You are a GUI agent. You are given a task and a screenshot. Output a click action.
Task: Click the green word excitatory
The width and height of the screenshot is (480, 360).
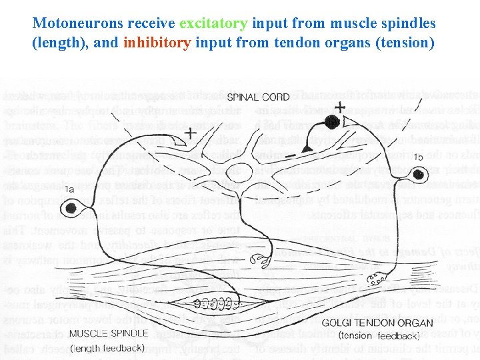pos(214,23)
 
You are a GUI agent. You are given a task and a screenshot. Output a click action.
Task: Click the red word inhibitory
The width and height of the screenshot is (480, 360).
pos(156,43)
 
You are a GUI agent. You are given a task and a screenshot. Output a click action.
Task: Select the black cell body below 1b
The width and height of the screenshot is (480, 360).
pos(419,175)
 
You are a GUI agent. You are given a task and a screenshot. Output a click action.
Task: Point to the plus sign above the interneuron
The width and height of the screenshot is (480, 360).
pos(340,107)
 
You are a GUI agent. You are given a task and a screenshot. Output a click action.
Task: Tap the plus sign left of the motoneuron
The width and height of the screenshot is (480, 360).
pos(190,132)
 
